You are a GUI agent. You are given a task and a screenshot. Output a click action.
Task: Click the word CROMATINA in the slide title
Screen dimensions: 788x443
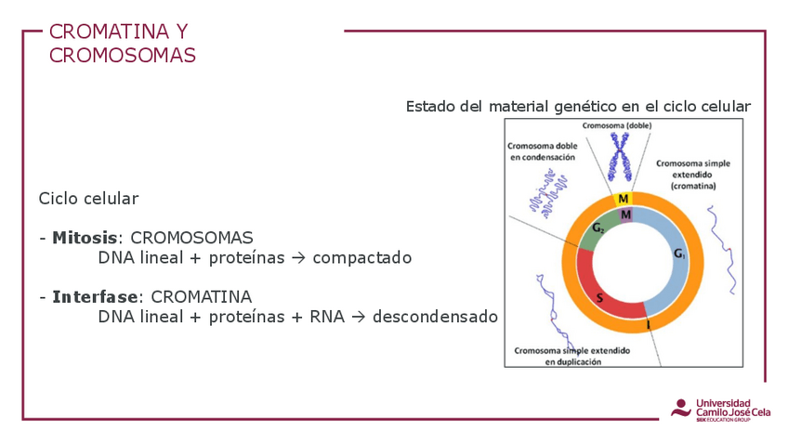pos(109,32)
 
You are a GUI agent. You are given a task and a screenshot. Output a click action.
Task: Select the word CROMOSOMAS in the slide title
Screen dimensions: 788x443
pos(122,55)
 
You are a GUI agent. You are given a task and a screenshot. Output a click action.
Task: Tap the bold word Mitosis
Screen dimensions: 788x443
pos(85,238)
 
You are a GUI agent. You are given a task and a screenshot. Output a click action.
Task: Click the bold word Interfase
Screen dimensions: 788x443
pos(95,297)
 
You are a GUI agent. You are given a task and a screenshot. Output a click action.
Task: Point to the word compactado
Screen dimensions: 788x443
pos(361,258)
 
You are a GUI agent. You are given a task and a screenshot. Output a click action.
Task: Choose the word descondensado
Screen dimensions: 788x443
pos(435,317)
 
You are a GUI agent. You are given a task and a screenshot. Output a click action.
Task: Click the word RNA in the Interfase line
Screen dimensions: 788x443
pos(327,317)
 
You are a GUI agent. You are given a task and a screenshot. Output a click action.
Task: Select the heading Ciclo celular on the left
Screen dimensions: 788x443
pos(88,199)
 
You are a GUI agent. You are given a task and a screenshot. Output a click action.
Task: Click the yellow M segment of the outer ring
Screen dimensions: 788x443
pos(624,199)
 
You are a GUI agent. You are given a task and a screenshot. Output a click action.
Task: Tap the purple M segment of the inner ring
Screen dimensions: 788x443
pos(625,215)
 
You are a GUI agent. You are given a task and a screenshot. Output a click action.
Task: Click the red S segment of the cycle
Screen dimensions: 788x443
pos(600,292)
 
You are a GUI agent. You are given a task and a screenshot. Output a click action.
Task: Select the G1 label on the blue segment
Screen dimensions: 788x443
pos(679,254)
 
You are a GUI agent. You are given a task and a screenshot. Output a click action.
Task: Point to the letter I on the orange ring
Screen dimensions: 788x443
pos(649,325)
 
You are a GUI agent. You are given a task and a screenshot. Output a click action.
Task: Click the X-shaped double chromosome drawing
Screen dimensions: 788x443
pos(620,157)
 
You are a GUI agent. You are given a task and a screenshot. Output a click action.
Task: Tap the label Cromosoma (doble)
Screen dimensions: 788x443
pos(617,125)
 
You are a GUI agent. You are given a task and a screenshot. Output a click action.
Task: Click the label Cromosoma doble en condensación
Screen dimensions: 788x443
pos(543,151)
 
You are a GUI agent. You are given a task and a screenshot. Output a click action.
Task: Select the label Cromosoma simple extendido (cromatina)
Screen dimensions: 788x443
pos(693,175)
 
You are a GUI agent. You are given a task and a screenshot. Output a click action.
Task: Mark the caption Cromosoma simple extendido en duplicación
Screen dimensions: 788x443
pos(571,356)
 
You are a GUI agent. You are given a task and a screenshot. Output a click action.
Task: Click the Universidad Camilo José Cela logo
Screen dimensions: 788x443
pos(721,410)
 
